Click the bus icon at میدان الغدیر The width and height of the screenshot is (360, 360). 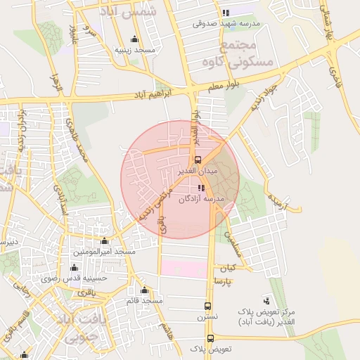tap(198, 160)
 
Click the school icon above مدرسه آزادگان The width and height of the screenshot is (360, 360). tap(201, 188)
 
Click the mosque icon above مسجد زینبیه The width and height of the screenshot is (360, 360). tap(134, 39)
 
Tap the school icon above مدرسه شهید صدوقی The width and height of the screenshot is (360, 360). tap(225, 13)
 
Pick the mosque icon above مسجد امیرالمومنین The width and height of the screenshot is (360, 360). tap(105, 241)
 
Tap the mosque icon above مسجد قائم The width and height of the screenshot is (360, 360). tap(145, 290)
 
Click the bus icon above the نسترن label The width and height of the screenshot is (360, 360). tap(207, 306)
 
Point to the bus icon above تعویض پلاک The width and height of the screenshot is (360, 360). tap(210, 338)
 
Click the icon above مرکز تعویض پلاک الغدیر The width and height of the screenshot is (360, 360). tap(266, 300)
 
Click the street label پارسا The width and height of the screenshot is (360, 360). tap(224, 281)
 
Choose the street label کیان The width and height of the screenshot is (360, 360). tap(226, 268)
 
